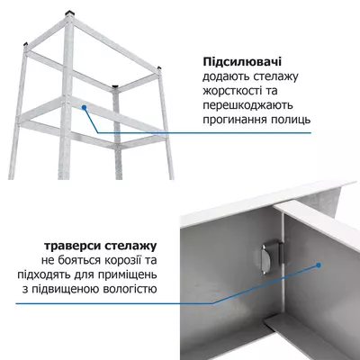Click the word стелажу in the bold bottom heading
tap(133, 245)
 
